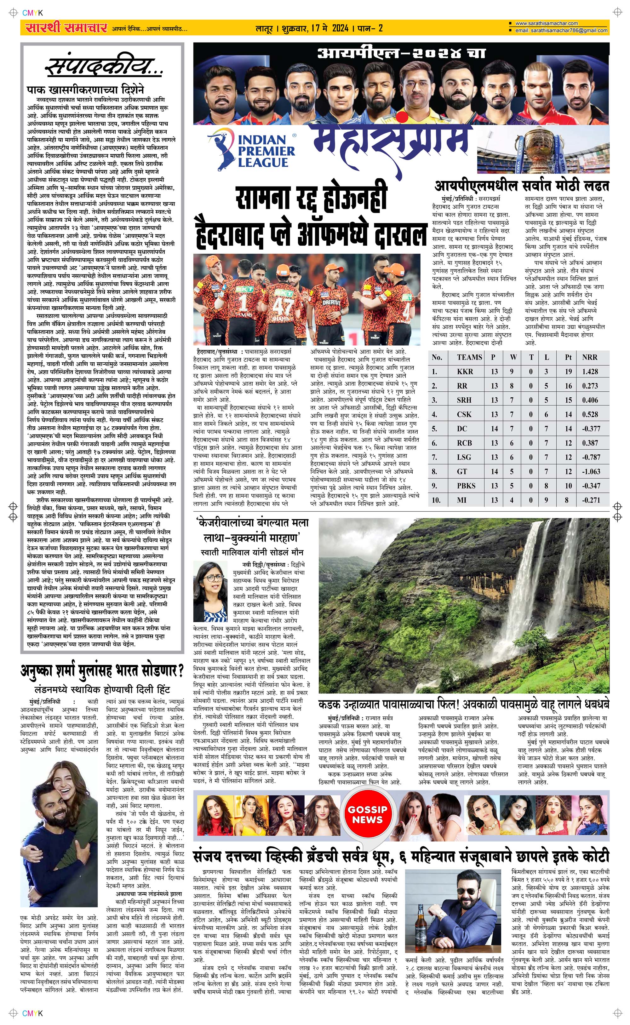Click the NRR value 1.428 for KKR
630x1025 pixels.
(590, 372)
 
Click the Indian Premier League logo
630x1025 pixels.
(252, 150)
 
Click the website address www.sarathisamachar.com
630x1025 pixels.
(546, 23)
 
